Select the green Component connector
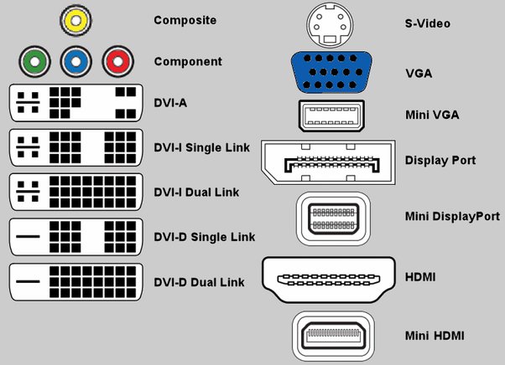34,61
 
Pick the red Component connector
118,61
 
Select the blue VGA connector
333,72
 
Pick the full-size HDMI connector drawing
332,276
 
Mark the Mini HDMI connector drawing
332,334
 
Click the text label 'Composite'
185,19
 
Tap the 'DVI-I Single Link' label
200,148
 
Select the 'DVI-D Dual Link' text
200,283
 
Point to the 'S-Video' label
427,23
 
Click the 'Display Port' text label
440,160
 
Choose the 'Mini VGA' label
431,114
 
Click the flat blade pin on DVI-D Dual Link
28,282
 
